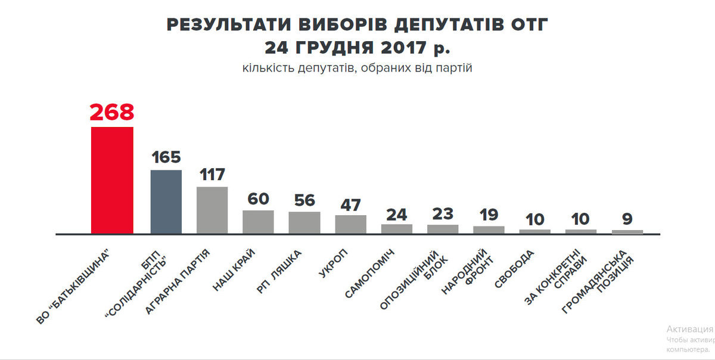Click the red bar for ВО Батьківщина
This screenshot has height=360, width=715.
(112, 180)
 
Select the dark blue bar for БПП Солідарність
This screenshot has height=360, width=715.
(166, 201)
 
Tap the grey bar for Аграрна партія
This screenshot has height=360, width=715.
(212, 210)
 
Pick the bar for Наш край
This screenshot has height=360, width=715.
(258, 222)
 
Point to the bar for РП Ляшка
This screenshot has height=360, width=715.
(304, 222)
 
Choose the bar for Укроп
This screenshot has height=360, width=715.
(351, 224)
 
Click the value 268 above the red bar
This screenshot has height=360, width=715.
(112, 113)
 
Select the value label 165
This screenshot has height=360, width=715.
(166, 157)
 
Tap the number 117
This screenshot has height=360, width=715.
(212, 175)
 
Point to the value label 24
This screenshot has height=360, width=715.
(397, 213)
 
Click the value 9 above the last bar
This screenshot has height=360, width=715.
(627, 219)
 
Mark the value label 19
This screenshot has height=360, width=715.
(489, 215)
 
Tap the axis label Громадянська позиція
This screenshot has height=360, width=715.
(599, 283)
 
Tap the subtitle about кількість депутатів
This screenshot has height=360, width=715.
(357, 68)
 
